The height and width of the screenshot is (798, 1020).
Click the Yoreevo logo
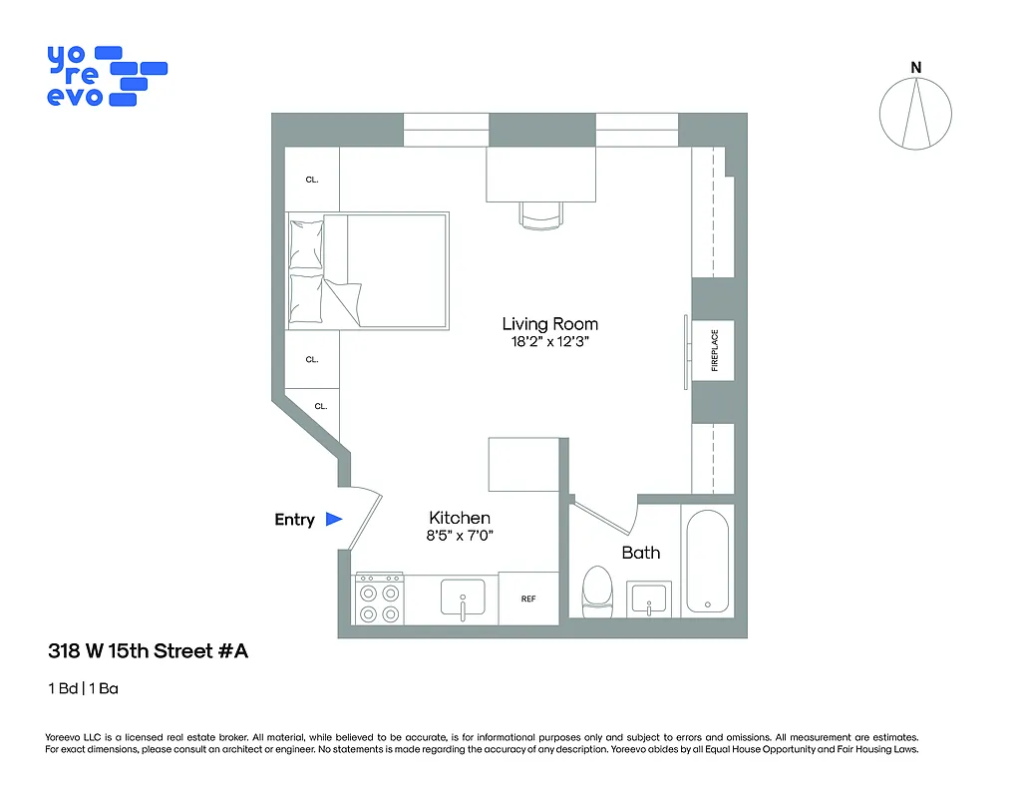click(105, 76)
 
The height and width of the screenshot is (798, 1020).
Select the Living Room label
click(549, 323)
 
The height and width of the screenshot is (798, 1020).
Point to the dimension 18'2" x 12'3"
click(549, 342)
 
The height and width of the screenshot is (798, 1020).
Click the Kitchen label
click(460, 518)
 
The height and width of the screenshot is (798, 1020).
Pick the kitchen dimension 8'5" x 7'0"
click(460, 536)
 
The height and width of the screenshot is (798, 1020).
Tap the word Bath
click(640, 553)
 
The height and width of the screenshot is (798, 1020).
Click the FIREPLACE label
click(714, 350)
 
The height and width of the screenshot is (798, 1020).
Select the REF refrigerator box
click(528, 598)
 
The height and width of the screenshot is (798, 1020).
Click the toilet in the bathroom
click(597, 592)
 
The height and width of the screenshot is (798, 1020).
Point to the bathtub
click(707, 562)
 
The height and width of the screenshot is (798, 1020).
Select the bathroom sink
click(650, 600)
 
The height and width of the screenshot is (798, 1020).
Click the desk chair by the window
click(540, 214)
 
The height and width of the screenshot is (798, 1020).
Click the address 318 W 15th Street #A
click(148, 651)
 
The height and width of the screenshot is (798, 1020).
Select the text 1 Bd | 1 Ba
click(83, 688)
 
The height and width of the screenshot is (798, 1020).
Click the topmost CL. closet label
click(312, 180)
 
